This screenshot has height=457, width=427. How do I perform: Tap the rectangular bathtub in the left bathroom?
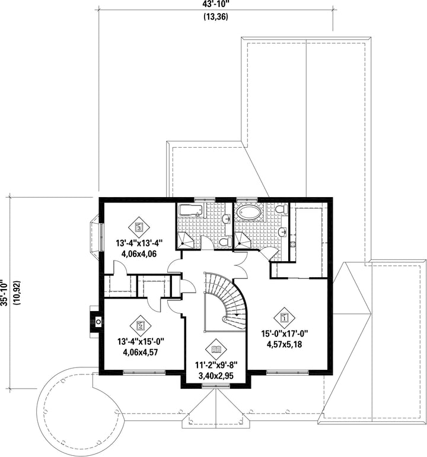pos(190,211)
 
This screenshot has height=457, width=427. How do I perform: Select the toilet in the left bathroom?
pos(225,242)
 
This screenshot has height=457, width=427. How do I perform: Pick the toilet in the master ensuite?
pos(281,210)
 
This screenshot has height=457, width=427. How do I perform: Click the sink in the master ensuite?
pos(283,232)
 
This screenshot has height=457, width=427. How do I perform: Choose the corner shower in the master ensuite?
pos(242,240)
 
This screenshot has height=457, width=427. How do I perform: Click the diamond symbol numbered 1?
pos(284,318)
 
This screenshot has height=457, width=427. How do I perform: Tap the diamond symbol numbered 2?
pos(141,325)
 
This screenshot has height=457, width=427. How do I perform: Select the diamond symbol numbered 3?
pos(139,227)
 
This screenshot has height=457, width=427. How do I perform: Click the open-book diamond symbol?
pos(216,349)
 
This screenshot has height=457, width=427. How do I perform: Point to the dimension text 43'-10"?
pos(215,5)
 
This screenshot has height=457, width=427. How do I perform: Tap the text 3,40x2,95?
pos(216,376)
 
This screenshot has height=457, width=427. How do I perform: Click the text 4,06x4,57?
pos(141,353)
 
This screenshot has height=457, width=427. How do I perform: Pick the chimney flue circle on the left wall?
pos(98,322)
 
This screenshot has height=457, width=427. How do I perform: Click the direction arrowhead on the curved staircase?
pos(237,315)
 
